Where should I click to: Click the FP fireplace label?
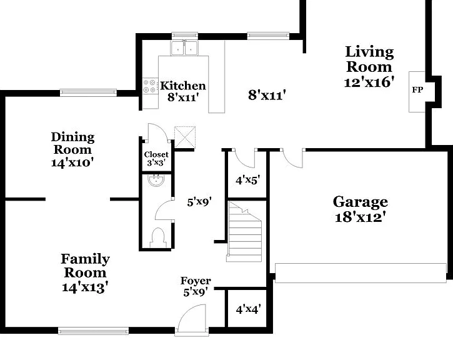pos(417,90)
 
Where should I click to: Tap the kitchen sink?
pos(184,48)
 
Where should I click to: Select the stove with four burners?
pos(150,86)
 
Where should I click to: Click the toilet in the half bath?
pos(158,237)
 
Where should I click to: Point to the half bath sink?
pos(156,180)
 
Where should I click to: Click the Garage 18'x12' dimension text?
pos(361,217)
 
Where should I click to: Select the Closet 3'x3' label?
pos(156,159)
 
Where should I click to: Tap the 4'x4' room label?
pos(249,309)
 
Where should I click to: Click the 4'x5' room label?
pos(248,180)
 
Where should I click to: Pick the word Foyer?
pos(196,281)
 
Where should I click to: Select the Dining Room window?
pos(88,92)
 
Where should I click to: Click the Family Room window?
pos(93,331)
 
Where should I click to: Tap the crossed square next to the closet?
pos(185,137)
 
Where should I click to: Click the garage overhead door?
pos(361,272)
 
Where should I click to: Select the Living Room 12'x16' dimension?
pos(369,82)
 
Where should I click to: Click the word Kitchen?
pos(183,86)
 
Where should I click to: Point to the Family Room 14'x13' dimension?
pos(85,287)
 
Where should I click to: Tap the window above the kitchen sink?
pos(185,36)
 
